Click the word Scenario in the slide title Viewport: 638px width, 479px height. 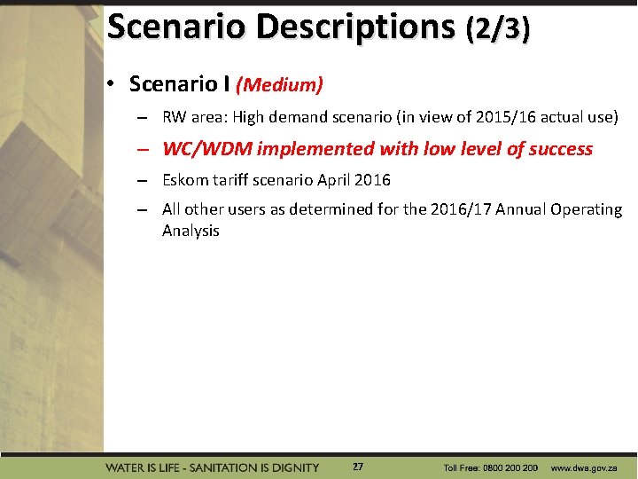177,27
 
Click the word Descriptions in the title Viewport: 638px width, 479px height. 356,27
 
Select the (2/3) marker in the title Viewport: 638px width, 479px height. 498,29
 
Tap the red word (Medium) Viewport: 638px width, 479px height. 279,85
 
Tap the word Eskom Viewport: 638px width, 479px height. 183,180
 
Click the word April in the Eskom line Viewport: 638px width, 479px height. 332,180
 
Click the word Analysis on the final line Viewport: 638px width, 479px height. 191,231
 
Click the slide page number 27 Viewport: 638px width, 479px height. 357,467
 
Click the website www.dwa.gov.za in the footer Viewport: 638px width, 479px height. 584,467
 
